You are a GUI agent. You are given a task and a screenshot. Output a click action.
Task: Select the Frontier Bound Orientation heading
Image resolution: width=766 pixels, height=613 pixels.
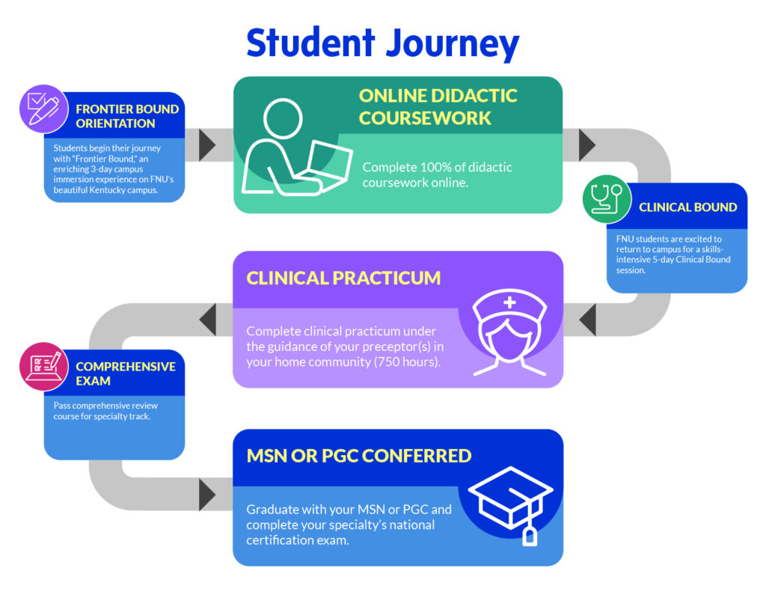tap(126, 116)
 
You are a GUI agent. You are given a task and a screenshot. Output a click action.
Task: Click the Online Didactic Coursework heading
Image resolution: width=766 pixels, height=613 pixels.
tap(438, 106)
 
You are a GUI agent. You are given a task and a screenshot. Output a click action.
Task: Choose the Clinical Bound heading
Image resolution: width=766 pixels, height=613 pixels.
tap(687, 207)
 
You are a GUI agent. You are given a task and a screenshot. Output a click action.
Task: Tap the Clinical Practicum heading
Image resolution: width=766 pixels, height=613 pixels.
tap(343, 278)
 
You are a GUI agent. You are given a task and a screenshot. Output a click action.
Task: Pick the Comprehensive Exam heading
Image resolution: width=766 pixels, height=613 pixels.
tap(125, 373)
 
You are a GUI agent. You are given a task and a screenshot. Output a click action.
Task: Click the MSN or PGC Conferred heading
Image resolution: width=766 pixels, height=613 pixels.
tap(359, 455)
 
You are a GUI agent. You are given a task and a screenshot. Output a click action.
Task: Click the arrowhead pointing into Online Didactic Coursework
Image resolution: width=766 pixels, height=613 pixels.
tap(207, 145)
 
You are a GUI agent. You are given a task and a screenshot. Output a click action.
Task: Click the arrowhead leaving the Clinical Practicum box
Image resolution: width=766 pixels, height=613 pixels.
tap(207, 320)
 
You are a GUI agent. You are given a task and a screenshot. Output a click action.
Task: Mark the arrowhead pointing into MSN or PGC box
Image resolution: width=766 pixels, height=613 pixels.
tap(207, 495)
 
